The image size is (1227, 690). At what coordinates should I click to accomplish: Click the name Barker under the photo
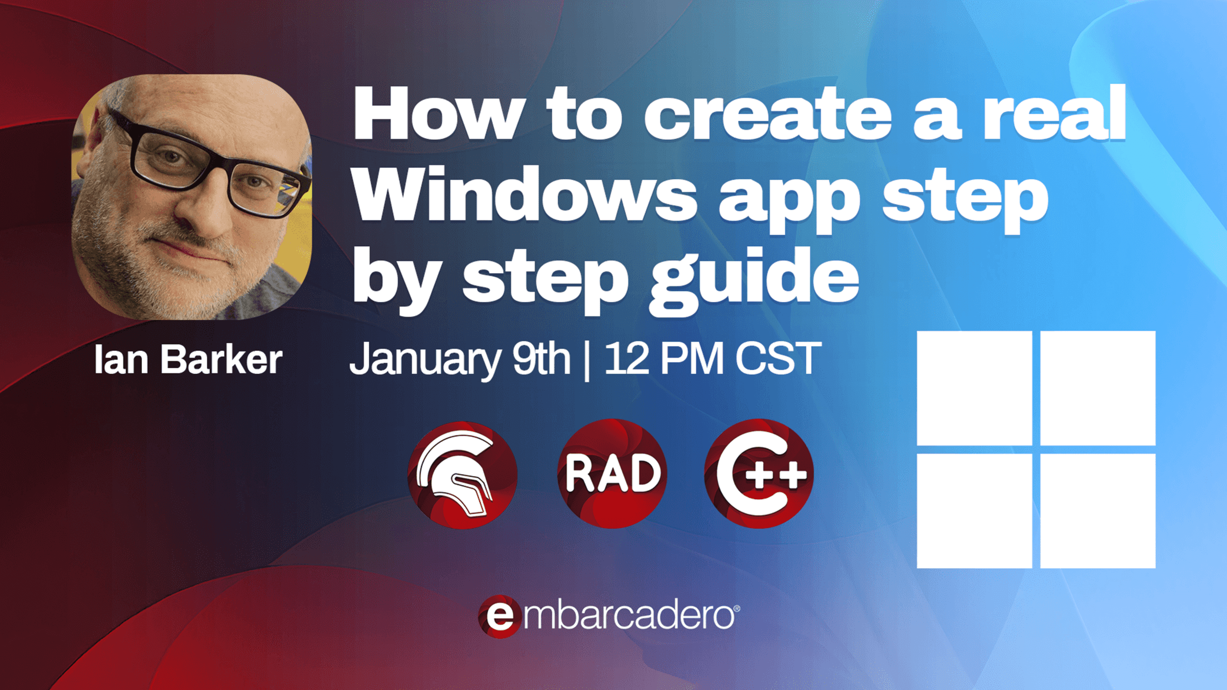click(221, 359)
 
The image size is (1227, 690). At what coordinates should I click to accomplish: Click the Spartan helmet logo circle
click(462, 474)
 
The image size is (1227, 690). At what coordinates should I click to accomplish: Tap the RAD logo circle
click(613, 473)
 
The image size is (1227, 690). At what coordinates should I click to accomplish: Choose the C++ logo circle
click(759, 473)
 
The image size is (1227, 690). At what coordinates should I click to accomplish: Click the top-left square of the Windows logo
click(974, 388)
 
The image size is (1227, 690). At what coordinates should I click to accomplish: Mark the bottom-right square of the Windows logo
click(1098, 511)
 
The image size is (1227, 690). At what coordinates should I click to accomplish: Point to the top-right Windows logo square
click(1098, 388)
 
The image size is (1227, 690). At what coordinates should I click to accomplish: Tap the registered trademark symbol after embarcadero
click(737, 609)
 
